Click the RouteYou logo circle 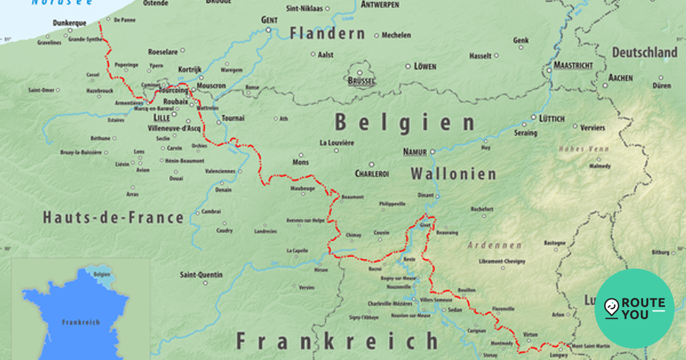click(x=634, y=309)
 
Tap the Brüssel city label click(x=361, y=82)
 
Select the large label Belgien click(x=405, y=122)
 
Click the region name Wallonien click(x=453, y=174)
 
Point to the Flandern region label click(x=327, y=34)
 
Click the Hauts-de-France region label click(x=113, y=218)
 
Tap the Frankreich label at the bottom click(x=337, y=341)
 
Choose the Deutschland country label click(x=644, y=53)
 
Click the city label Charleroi click(x=372, y=173)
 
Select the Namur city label click(x=415, y=151)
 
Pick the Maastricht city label click(x=573, y=65)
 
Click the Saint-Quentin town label click(x=201, y=275)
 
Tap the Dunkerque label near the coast click(x=69, y=23)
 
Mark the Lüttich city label click(x=552, y=118)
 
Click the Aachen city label click(x=620, y=77)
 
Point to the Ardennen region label click(x=494, y=245)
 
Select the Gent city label click(x=269, y=19)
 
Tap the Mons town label click(x=301, y=162)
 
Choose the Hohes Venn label click(x=584, y=149)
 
